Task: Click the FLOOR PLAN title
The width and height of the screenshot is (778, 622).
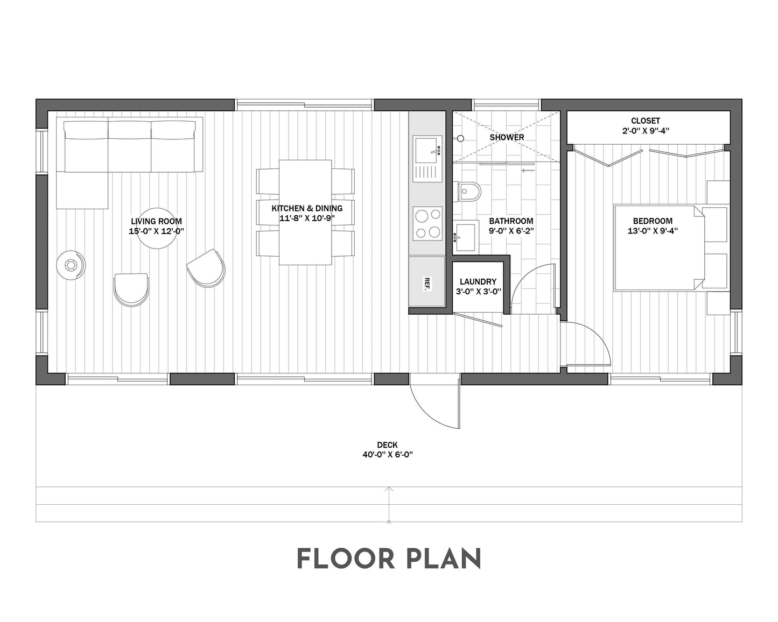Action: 388,560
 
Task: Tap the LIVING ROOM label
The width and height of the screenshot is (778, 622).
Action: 156,221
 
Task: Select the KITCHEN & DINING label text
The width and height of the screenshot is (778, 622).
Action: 306,208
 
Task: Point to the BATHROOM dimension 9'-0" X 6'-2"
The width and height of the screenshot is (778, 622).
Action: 511,231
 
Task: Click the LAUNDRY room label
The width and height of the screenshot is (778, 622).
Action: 478,281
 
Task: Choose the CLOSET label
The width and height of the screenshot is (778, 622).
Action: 645,121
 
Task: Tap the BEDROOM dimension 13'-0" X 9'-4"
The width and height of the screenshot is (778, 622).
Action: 653,231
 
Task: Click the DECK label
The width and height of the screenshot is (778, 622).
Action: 387,445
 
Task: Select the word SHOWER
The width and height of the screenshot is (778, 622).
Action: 507,137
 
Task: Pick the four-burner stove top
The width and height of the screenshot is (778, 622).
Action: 427,224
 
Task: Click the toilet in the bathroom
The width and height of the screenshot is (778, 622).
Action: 468,191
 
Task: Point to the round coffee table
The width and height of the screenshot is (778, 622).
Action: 156,229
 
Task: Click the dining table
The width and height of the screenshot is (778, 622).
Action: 305,213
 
